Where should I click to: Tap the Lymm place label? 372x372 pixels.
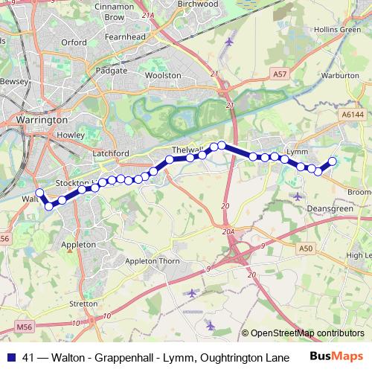[x=297, y=152]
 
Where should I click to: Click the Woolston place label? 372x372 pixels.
[x=162, y=75]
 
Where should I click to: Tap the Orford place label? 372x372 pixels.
[x=74, y=42]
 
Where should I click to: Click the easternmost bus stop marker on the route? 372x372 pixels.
[x=333, y=161]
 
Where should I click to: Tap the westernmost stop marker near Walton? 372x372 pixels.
[x=39, y=192]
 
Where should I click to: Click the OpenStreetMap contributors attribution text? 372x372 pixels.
[x=307, y=333]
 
